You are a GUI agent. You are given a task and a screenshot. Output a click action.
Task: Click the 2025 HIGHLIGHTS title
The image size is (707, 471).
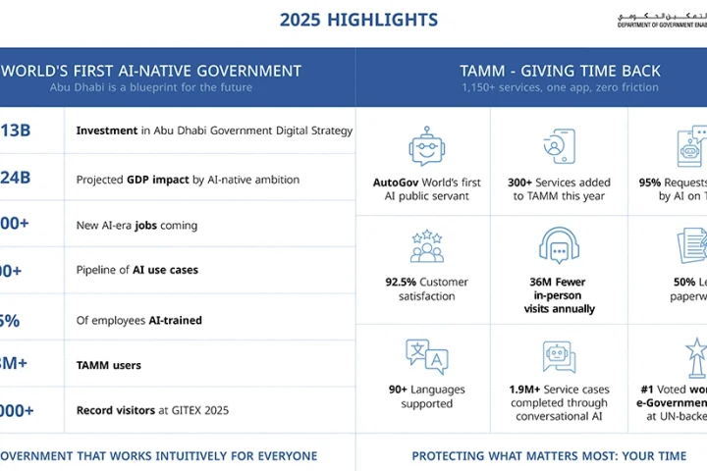358,20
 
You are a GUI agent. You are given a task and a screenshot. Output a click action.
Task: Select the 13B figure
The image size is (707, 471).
15,131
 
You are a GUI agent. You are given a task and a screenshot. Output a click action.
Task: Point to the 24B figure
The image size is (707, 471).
15,179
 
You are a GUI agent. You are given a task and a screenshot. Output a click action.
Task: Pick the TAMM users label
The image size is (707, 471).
109,365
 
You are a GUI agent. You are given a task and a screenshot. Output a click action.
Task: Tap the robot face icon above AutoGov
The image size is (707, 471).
427,146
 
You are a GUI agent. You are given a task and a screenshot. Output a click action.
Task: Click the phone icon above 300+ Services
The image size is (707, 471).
560,146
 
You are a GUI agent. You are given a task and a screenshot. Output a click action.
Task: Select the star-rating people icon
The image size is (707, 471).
427,246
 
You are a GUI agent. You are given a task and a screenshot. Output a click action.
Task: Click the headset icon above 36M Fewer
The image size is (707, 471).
560,246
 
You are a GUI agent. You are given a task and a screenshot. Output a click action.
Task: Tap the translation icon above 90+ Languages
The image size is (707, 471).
427,356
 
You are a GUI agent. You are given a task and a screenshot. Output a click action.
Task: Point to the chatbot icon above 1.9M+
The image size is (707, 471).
560,356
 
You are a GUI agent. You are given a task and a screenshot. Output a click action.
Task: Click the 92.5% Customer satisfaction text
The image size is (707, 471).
427,288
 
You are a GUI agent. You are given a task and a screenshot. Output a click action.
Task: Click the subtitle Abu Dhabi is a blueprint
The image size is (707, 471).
151,87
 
